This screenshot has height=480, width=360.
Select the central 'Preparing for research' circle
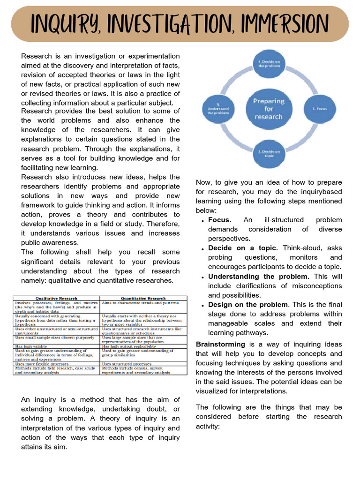(269, 108)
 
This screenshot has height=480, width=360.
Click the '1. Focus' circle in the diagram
(322, 108)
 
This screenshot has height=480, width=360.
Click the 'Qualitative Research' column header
(56, 298)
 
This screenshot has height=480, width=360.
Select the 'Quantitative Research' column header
(143, 298)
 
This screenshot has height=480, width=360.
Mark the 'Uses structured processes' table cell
(126, 364)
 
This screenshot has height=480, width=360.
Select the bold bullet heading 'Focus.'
(219, 220)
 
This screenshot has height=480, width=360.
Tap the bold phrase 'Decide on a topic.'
(243, 248)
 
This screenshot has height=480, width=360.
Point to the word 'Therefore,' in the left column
(163, 224)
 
